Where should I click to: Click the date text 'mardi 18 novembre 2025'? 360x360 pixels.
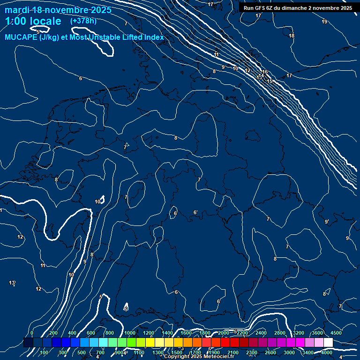[58, 10]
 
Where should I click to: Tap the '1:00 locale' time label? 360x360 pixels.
[33, 21]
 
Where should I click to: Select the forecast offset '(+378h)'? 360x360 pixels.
[83, 21]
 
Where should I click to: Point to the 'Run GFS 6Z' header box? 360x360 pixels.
[298, 8]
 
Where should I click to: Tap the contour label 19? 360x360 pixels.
[324, 22]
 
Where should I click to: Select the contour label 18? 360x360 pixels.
[292, 36]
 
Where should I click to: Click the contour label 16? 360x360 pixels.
[265, 72]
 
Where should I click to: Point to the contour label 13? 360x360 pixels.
[12, 283]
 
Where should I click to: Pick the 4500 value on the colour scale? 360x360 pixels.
[336, 333]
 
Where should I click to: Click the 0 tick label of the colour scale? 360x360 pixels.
[32, 333]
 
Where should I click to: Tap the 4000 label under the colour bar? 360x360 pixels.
[327, 352]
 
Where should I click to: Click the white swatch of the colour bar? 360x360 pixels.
[328, 343]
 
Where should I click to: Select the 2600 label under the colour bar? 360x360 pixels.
[270, 352]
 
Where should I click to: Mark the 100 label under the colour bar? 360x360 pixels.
[45, 352]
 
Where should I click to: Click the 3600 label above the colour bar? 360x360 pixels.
[318, 333]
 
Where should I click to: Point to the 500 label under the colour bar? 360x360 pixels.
[82, 352]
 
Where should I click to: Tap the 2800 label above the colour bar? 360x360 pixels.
[280, 333]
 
